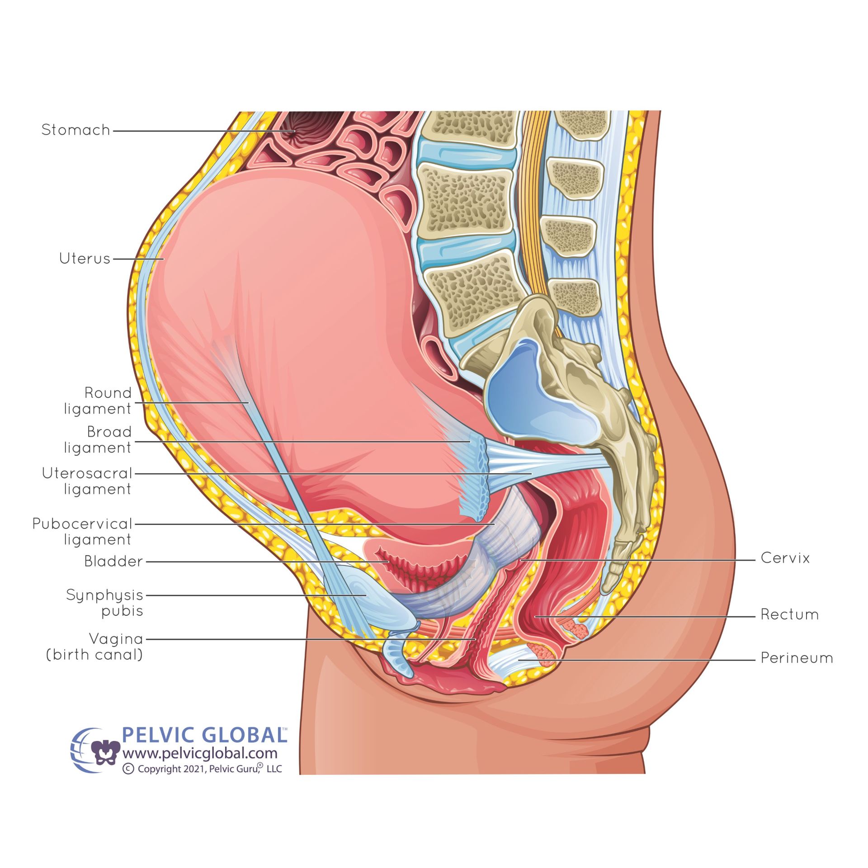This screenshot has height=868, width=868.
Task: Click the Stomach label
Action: (x=76, y=130)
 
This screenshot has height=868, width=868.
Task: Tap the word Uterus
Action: (x=85, y=259)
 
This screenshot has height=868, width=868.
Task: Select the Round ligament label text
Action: (x=98, y=401)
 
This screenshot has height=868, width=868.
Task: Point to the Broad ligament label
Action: (x=98, y=440)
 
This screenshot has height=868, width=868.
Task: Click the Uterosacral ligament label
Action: (x=87, y=481)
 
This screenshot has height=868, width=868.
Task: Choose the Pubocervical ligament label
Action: (x=82, y=532)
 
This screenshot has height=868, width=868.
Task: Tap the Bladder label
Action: (x=113, y=561)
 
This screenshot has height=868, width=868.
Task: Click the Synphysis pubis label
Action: (x=105, y=603)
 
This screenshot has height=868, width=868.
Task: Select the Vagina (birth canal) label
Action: (x=95, y=647)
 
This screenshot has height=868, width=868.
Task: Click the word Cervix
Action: (x=785, y=558)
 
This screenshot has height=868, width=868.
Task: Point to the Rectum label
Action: (x=790, y=614)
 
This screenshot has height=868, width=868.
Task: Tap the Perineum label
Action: (x=797, y=658)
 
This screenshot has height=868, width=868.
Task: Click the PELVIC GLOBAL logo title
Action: (x=204, y=735)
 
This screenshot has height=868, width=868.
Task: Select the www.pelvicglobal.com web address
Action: (x=200, y=754)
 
